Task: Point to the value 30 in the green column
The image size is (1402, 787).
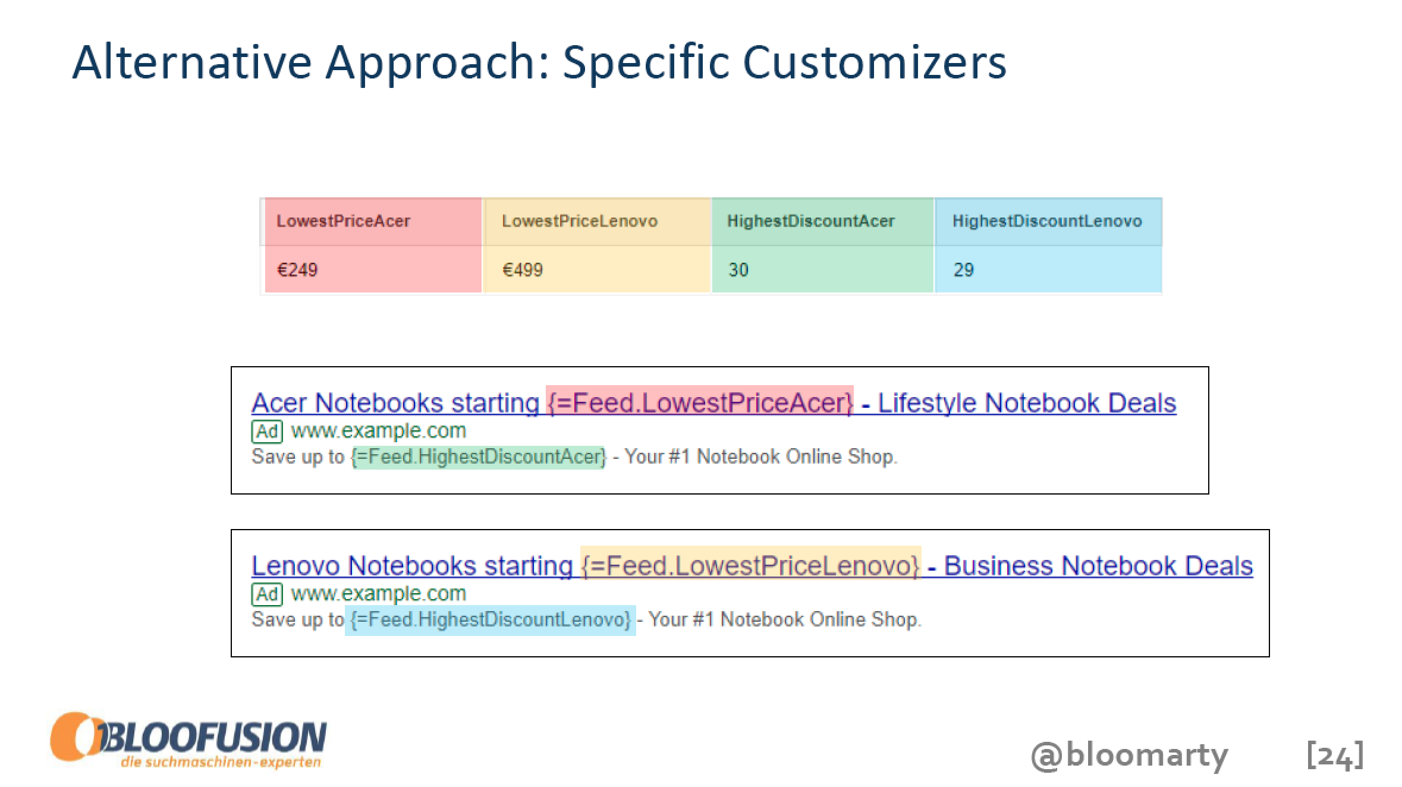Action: [738, 270]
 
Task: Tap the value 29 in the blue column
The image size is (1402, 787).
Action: [964, 270]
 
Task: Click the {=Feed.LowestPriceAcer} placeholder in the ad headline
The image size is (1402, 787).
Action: [700, 403]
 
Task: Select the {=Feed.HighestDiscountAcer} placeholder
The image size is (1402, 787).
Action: [479, 457]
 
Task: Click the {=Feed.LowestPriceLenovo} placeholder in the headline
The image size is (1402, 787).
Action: [750, 565]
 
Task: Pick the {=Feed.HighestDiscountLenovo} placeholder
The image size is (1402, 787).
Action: [491, 620]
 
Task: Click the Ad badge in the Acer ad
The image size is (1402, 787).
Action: [267, 431]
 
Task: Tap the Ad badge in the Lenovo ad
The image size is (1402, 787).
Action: [267, 594]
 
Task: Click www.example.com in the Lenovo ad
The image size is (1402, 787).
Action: [379, 594]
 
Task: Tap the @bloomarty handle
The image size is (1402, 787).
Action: [1129, 755]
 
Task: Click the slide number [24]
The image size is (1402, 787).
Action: [1335, 755]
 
